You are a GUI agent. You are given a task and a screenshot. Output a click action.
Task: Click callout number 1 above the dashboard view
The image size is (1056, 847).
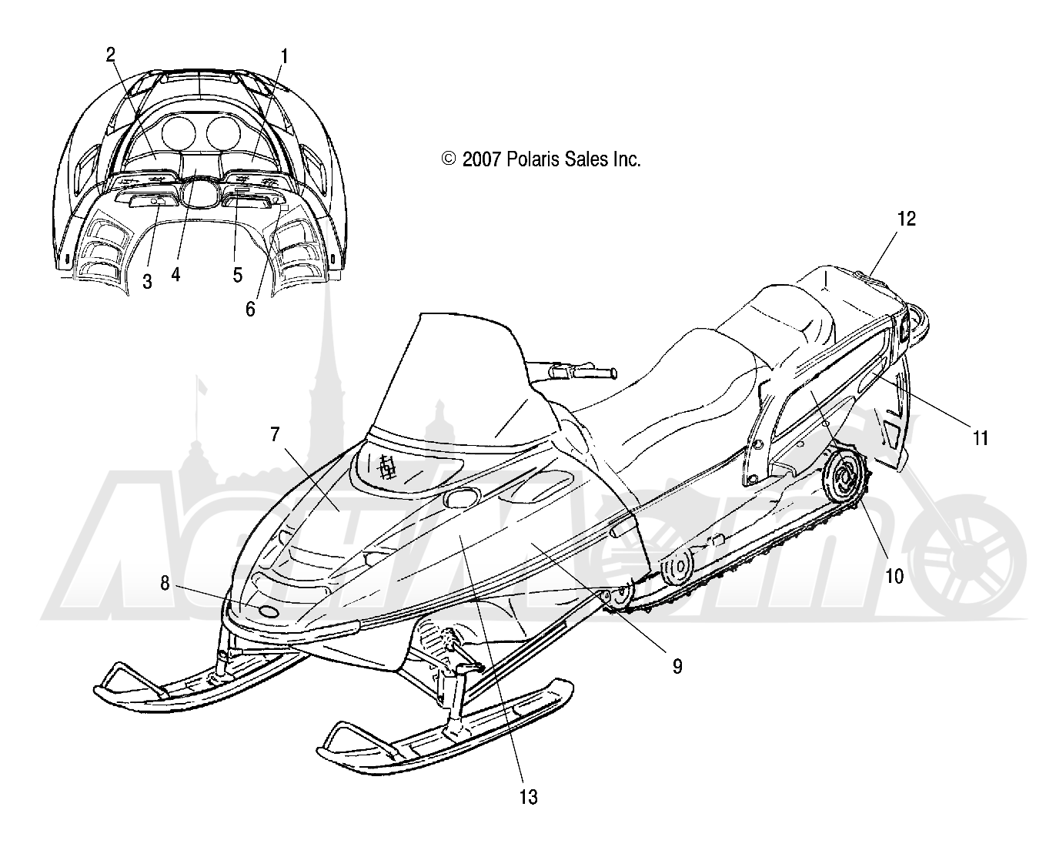(x=284, y=57)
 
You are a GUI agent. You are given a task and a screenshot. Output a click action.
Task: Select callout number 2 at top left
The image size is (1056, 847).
(x=110, y=55)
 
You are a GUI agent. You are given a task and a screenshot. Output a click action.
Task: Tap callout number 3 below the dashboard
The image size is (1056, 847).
(x=147, y=282)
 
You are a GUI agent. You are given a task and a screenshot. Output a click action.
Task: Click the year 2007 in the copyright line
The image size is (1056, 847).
(x=482, y=159)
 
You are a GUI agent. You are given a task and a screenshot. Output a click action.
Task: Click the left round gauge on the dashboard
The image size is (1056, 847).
(x=179, y=131)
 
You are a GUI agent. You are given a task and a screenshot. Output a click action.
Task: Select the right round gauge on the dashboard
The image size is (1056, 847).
(x=223, y=131)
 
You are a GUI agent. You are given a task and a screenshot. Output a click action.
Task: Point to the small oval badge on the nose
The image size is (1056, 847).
(x=269, y=611)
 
